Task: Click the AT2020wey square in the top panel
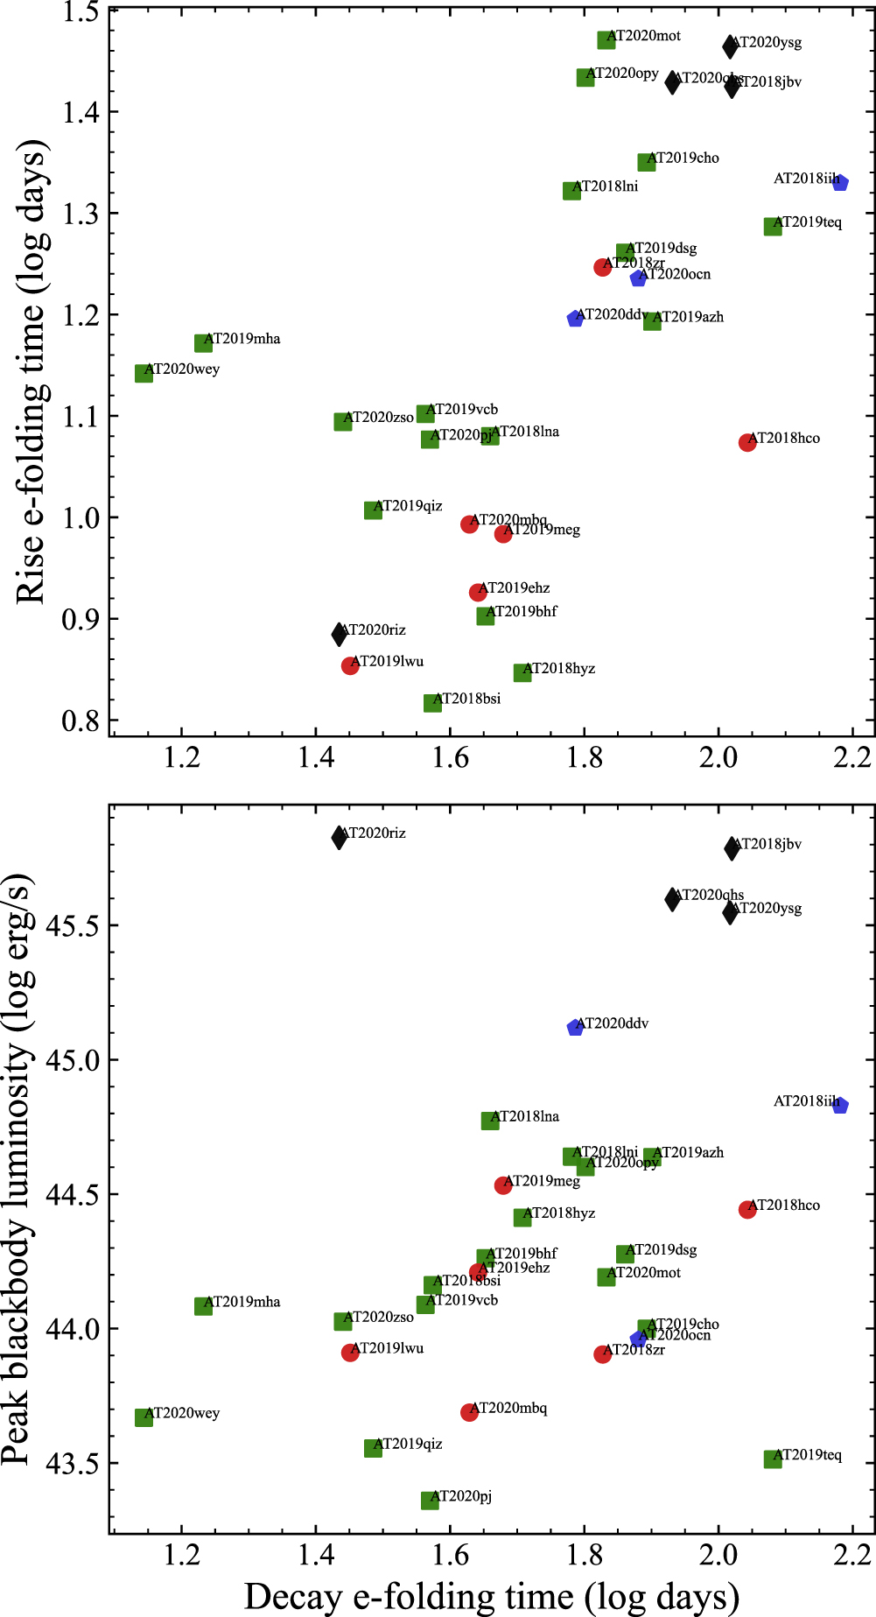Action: [x=144, y=373]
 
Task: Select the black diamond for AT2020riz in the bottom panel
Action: [x=340, y=838]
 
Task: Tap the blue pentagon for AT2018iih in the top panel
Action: [x=840, y=182]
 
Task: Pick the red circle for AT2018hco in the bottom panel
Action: [x=747, y=1210]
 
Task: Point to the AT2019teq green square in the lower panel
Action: [x=773, y=1459]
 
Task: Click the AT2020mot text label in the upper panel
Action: [x=644, y=36]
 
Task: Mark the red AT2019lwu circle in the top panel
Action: [x=350, y=666]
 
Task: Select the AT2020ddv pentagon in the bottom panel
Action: [x=575, y=1028]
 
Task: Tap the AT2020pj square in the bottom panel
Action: [x=430, y=1501]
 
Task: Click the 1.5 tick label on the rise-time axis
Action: [x=81, y=11]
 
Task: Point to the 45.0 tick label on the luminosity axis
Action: [x=69, y=1060]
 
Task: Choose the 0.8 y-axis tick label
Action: [x=81, y=721]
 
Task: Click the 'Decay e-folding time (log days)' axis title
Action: [x=492, y=1596]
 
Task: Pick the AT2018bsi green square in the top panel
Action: [x=432, y=703]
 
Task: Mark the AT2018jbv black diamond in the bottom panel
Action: [x=732, y=847]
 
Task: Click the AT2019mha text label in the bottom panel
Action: [x=242, y=1302]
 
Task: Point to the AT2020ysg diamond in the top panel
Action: [x=730, y=46]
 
